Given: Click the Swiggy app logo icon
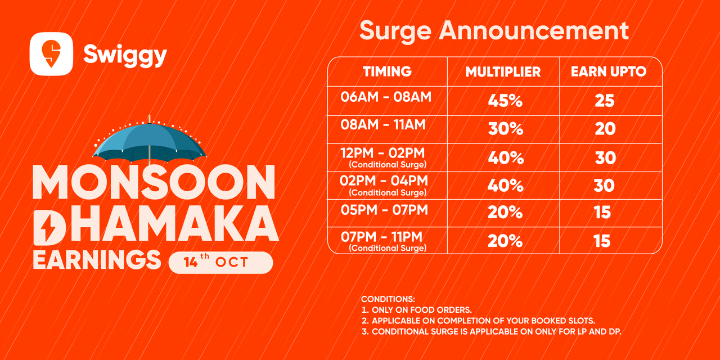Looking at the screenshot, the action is point(51,54).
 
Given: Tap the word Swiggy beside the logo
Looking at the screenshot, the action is point(125,56).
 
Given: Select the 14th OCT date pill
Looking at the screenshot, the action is point(221,263).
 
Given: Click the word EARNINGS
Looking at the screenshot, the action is point(97,260).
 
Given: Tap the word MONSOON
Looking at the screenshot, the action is point(154,182).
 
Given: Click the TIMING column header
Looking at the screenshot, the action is point(388,71).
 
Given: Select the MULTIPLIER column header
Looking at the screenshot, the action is point(503,72).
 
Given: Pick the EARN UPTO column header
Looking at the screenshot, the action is point(609,71).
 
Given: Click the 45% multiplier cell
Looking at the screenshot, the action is point(505,101).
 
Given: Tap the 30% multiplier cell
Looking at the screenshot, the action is point(506,129).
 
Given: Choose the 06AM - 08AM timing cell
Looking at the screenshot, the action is point(386,97).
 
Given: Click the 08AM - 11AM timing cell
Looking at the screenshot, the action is point(383,125).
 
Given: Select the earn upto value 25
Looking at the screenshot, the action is point(605,101).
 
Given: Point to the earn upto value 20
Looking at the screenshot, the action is point(605,129).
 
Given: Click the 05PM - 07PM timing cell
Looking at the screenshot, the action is point(384,210).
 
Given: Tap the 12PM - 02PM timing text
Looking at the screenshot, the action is point(383,153).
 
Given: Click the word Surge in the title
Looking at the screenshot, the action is point(395,31).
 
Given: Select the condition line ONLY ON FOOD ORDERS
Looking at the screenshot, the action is point(417,310).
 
